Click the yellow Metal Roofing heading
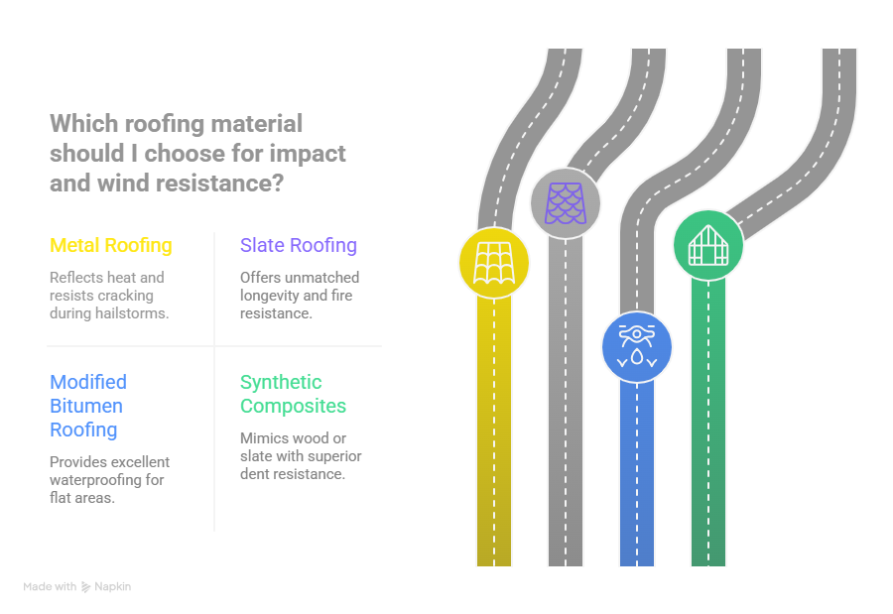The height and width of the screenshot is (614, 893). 110,245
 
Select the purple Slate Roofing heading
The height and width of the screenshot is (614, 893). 298,245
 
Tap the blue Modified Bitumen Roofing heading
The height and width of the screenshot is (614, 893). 88,406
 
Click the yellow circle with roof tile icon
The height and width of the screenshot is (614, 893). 493,263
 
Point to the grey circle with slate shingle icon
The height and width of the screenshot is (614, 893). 566,203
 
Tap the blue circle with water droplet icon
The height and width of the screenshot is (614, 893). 637,347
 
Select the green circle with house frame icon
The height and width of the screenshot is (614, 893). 708,244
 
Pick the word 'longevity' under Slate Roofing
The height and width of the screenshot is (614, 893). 269,295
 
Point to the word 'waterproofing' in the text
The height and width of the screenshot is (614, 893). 96,480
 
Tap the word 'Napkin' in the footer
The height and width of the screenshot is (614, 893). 113,586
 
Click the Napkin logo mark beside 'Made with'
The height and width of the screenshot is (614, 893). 86,586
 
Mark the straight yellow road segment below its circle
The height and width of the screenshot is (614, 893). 494,436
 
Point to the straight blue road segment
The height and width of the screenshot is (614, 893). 637,476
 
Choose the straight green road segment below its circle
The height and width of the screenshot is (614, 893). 708,427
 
